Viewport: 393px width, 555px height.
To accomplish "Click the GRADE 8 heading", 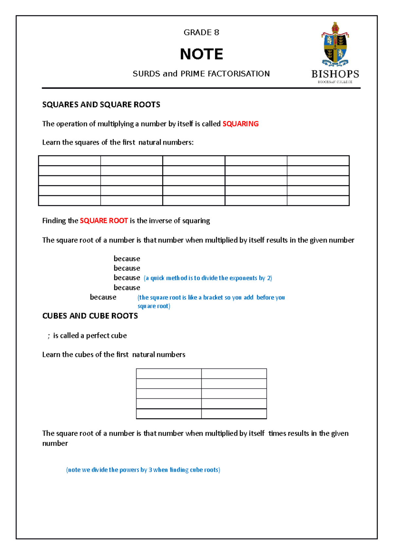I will click(x=201, y=32).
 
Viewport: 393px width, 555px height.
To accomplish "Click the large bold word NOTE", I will click(x=201, y=54).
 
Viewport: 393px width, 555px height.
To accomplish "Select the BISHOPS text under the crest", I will click(x=335, y=74).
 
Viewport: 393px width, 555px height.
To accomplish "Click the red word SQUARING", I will click(x=240, y=124).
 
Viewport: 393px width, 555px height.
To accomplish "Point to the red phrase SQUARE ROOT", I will click(x=103, y=221).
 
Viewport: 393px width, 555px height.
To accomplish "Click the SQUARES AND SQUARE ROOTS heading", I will click(x=101, y=105).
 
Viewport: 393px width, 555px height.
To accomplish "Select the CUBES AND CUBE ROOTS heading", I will click(x=90, y=316).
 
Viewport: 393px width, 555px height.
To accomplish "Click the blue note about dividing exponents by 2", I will click(x=208, y=278).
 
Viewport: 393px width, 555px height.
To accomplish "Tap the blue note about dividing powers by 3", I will click(x=143, y=470).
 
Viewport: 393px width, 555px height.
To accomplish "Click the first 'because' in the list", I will click(x=127, y=259).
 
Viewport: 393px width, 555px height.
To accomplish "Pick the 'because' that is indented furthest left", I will click(x=103, y=297).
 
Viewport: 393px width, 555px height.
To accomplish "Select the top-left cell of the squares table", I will click(x=69, y=161).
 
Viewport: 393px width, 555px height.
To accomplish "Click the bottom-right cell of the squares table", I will click(x=318, y=200).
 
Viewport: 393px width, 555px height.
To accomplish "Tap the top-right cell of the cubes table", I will click(x=234, y=374).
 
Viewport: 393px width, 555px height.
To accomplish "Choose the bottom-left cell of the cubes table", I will click(x=169, y=414).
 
